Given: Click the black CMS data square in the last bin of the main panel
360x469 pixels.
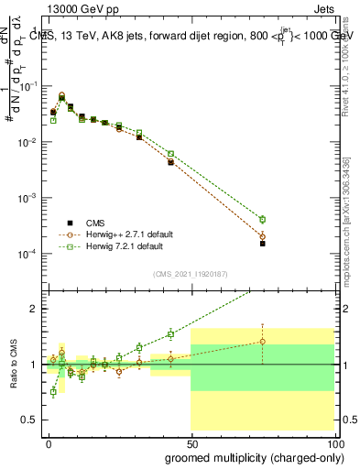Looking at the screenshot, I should [262, 244].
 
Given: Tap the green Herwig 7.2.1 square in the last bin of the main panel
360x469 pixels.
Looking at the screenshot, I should [262, 220].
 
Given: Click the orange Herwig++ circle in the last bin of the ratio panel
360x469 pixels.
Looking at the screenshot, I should [262, 342].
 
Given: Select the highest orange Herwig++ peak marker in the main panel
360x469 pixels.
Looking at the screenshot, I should [62, 95].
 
